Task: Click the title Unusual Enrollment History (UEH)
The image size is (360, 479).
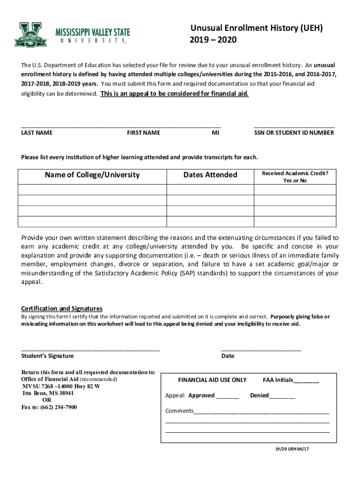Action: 256,29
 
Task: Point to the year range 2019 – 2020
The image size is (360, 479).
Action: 213,40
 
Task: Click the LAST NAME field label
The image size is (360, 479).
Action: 37,133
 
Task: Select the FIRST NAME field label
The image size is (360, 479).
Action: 144,133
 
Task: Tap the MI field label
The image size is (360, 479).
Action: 215,133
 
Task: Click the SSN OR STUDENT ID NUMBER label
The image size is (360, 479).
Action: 294,133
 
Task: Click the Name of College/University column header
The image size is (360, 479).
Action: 92,175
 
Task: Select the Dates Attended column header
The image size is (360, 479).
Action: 210,175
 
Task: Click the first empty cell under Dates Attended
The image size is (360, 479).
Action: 210,189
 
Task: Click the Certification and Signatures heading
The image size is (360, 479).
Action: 62,309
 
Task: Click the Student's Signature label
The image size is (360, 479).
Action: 47,356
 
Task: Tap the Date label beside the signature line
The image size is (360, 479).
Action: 228,356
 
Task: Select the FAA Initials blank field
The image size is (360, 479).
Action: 306,381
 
